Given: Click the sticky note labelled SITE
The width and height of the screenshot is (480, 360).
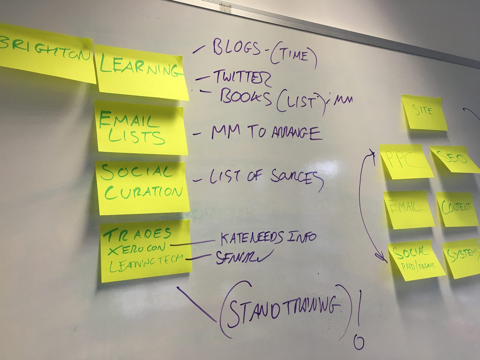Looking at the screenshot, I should (424, 112).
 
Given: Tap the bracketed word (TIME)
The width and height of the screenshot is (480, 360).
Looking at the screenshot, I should (293, 56).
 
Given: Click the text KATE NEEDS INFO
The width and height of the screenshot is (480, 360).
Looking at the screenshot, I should (268, 238).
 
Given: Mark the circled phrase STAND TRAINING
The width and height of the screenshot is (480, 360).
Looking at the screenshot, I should (283, 309).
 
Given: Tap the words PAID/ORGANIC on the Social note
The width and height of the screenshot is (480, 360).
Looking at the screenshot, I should (418, 265).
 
